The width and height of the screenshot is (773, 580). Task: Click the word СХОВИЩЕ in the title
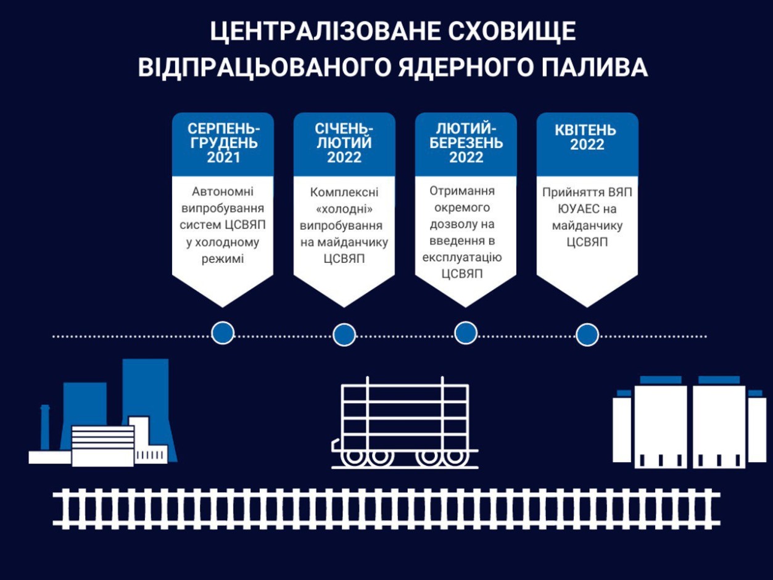511,31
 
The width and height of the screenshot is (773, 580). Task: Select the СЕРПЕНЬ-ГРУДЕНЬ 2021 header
223,143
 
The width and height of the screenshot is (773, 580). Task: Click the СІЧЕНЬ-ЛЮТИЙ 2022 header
344,143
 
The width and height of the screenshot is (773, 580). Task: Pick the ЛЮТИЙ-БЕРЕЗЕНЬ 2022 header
466,143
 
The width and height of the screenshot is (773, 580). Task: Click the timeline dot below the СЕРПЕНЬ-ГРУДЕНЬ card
223,333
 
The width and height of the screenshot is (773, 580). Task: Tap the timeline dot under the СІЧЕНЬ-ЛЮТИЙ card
344,334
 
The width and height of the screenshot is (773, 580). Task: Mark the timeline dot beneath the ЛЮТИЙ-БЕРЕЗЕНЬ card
466,333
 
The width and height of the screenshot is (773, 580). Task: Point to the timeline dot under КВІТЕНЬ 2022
587,334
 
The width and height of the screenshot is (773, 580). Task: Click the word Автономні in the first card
223,191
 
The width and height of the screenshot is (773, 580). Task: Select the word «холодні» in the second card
344,209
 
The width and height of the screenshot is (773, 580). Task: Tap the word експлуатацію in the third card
462,258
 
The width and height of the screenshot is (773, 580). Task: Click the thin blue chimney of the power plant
44,427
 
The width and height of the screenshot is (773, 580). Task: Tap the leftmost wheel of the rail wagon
354,457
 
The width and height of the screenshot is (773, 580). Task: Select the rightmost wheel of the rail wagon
455,457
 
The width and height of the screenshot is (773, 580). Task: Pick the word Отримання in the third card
462,191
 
